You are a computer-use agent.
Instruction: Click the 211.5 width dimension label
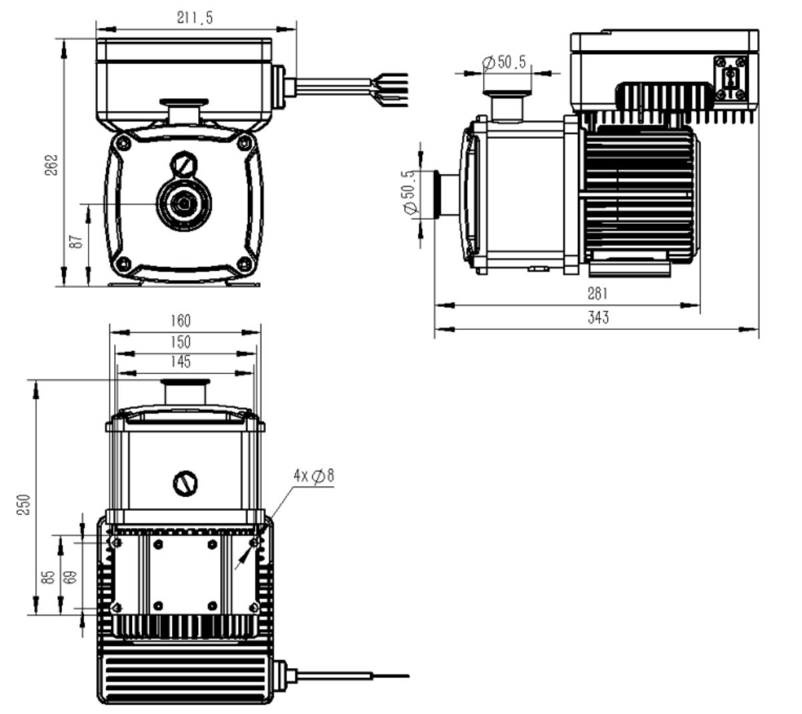195,18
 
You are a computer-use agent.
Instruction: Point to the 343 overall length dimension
598,318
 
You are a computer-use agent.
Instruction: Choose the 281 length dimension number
598,293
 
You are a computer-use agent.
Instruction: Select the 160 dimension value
180,321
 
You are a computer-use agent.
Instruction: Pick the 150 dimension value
180,342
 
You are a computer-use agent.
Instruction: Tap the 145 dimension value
180,361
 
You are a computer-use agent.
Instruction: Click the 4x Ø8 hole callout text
313,476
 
